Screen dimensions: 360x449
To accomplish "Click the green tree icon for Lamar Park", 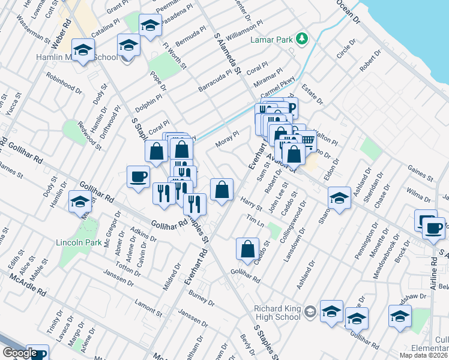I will click(x=303, y=40).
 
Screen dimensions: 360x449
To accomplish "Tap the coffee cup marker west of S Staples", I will click(x=139, y=176).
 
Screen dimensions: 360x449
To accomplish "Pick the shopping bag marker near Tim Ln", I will click(x=247, y=248).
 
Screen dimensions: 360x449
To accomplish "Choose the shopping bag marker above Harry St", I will click(x=221, y=189).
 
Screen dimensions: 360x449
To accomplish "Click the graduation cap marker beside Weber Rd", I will click(x=83, y=49).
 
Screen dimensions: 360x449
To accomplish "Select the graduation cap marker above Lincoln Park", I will click(x=79, y=202).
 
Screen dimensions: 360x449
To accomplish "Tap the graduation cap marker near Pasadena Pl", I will click(x=150, y=25).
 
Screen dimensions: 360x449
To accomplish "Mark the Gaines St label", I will click(x=420, y=175).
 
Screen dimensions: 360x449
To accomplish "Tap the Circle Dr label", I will click(x=346, y=49).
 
